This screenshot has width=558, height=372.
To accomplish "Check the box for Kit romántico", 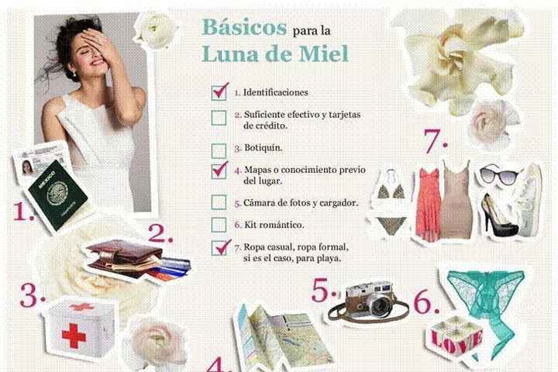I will coord(219,225).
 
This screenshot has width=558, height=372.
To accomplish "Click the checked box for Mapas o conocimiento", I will coord(219,171).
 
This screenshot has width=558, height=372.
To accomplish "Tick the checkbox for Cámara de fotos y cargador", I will coord(219,201).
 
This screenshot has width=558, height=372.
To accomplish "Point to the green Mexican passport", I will coord(56,195).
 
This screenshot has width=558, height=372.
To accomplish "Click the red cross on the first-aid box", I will coord(74,335).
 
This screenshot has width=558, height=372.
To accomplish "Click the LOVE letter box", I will coord(456,337).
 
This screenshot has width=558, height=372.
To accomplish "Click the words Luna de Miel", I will coord(274,53).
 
